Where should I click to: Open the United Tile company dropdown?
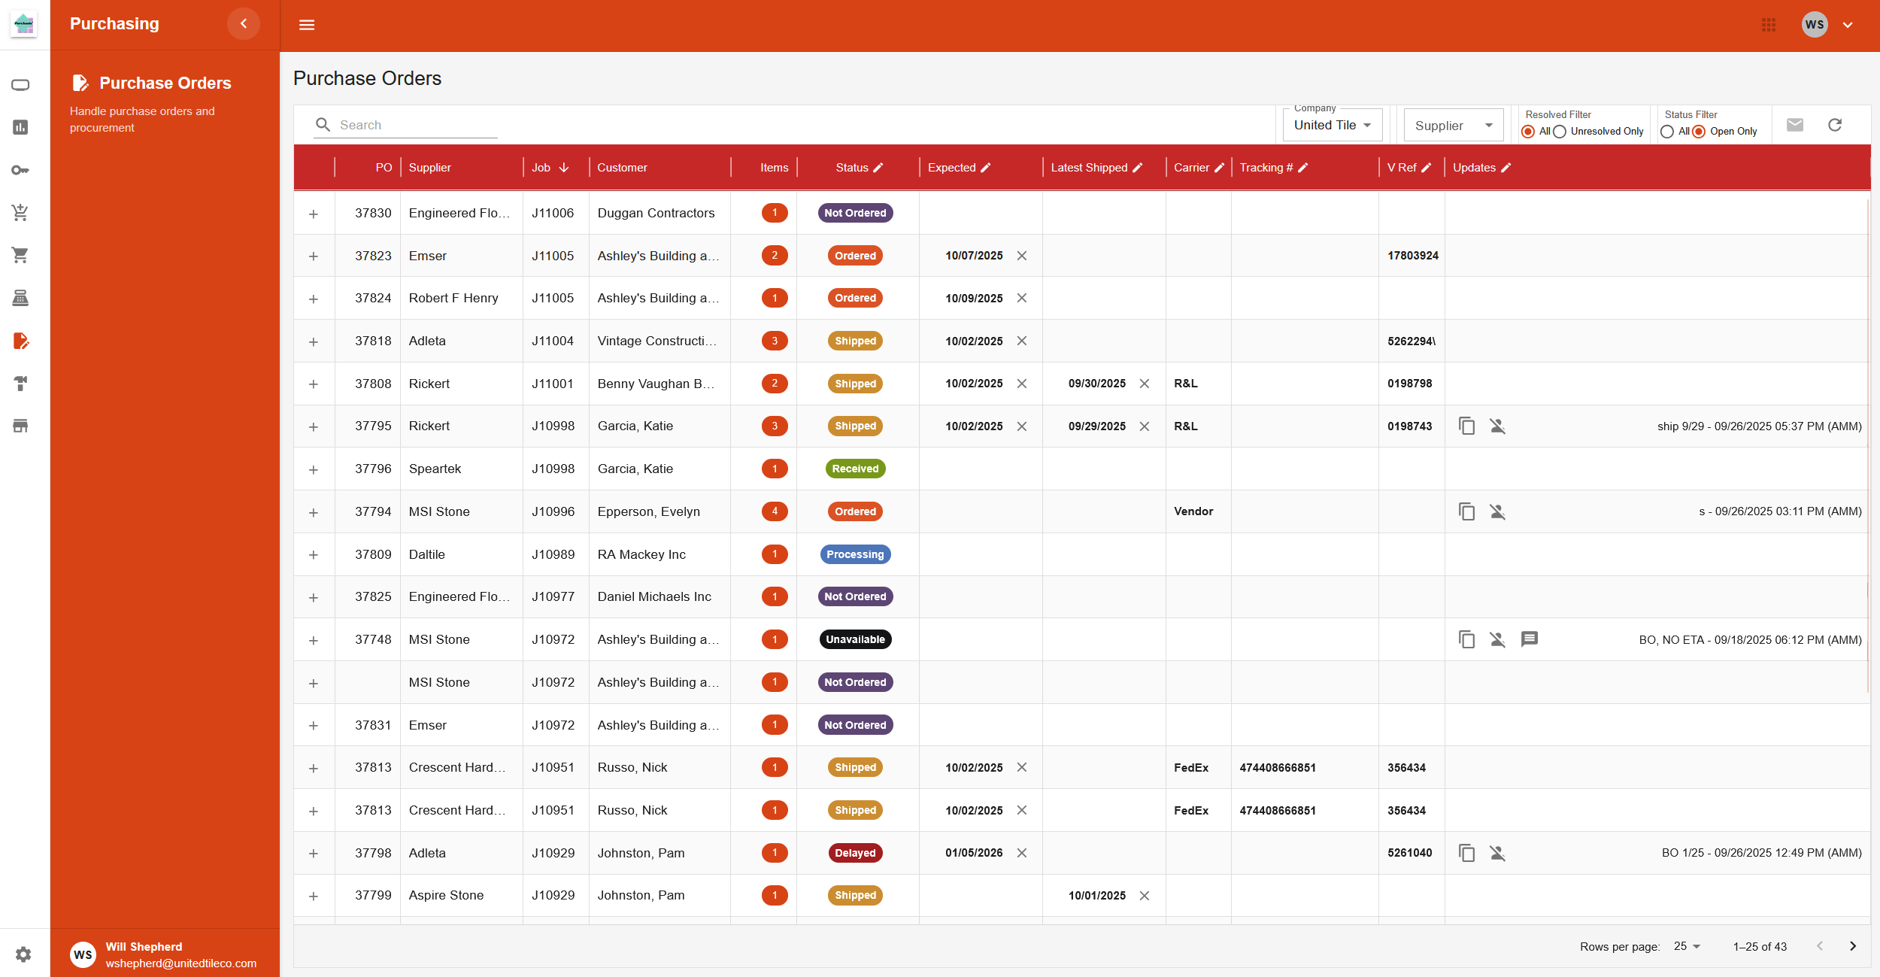pyautogui.click(x=1332, y=126)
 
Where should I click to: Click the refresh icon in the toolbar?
pyautogui.click(x=1835, y=125)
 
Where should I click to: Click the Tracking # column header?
pyautogui.click(x=1266, y=168)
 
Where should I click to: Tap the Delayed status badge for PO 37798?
pyautogui.click(x=855, y=853)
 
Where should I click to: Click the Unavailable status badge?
pyautogui.click(x=855, y=639)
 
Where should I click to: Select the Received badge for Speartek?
pyautogui.click(x=855, y=469)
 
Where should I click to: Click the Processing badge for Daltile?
pyautogui.click(x=855, y=554)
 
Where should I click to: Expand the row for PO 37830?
pyautogui.click(x=314, y=214)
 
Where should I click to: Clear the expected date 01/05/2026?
pyautogui.click(x=1022, y=853)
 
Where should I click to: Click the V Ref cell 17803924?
pyautogui.click(x=1412, y=256)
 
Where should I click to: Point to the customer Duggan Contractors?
pyautogui.click(x=656, y=213)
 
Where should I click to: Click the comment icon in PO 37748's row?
pyautogui.click(x=1529, y=639)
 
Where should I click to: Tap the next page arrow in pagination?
pyautogui.click(x=1852, y=946)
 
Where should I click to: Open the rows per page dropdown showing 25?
pyautogui.click(x=1687, y=946)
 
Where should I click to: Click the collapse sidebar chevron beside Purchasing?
pyautogui.click(x=244, y=24)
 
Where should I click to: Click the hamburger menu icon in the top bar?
pyautogui.click(x=307, y=25)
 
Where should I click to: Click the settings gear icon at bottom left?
pyautogui.click(x=23, y=954)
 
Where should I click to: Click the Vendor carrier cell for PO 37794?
pyautogui.click(x=1193, y=511)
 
